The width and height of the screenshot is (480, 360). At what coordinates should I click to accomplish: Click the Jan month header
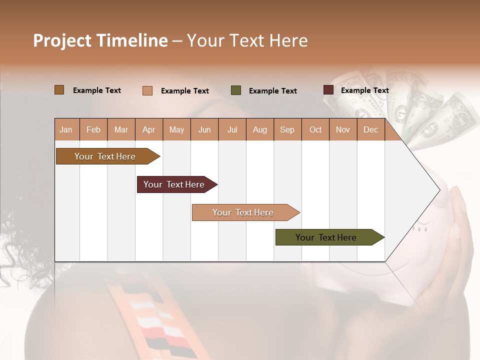66,129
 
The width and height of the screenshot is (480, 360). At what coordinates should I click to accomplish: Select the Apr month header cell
149,129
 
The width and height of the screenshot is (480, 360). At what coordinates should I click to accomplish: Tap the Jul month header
232,129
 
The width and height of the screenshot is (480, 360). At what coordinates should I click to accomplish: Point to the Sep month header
287,129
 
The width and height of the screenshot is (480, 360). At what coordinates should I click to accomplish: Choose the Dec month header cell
370,129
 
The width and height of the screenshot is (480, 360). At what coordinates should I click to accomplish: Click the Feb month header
93,129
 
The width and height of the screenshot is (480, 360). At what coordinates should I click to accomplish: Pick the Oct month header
315,129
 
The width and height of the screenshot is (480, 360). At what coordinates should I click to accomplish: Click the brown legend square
59,90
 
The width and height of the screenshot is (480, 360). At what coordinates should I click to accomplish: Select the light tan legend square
147,90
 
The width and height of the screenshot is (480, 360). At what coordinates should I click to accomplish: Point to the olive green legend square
236,90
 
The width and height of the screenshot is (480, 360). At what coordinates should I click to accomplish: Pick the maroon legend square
328,90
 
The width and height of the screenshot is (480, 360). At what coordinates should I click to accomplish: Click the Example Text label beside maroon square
364,90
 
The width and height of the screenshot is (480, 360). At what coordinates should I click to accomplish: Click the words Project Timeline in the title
100,40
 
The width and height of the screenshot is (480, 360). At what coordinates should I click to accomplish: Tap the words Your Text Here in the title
247,40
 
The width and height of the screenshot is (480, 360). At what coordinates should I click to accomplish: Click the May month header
176,129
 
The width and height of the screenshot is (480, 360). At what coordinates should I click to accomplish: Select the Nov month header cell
343,129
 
